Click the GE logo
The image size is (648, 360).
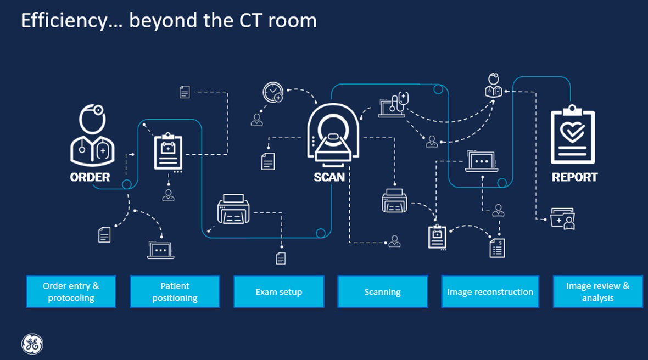pos(32,344)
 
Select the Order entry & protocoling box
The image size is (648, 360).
pos(71,292)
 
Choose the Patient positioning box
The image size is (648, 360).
pos(175,292)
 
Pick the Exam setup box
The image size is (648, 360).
pos(279,292)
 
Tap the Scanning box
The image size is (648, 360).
pos(382,292)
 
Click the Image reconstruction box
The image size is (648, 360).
pos(490,292)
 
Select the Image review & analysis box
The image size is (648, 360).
pos(597,292)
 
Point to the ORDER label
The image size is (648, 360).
pos(90,177)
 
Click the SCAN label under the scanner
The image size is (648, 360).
pos(329,177)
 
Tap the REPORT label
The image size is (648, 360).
pos(574,177)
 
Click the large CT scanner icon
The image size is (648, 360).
pos(333,137)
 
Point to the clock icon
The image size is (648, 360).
pos(273,92)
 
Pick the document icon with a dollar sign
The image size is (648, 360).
pos(497,248)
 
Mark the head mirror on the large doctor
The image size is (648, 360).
pos(99,111)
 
